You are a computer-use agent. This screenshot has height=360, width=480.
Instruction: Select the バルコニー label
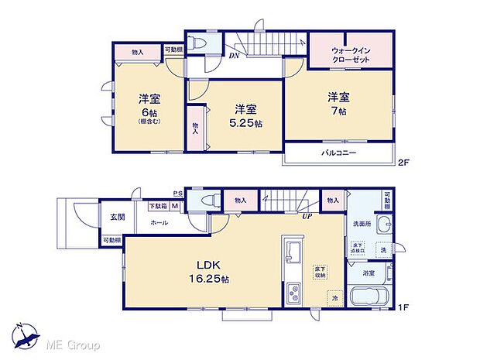pos(338,153)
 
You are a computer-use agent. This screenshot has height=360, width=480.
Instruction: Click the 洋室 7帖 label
pos(338,104)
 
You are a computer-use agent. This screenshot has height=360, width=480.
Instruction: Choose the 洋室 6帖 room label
pos(149,108)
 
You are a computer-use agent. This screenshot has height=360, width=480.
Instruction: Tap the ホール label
pos(159,222)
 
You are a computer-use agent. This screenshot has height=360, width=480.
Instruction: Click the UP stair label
pos(307,215)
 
